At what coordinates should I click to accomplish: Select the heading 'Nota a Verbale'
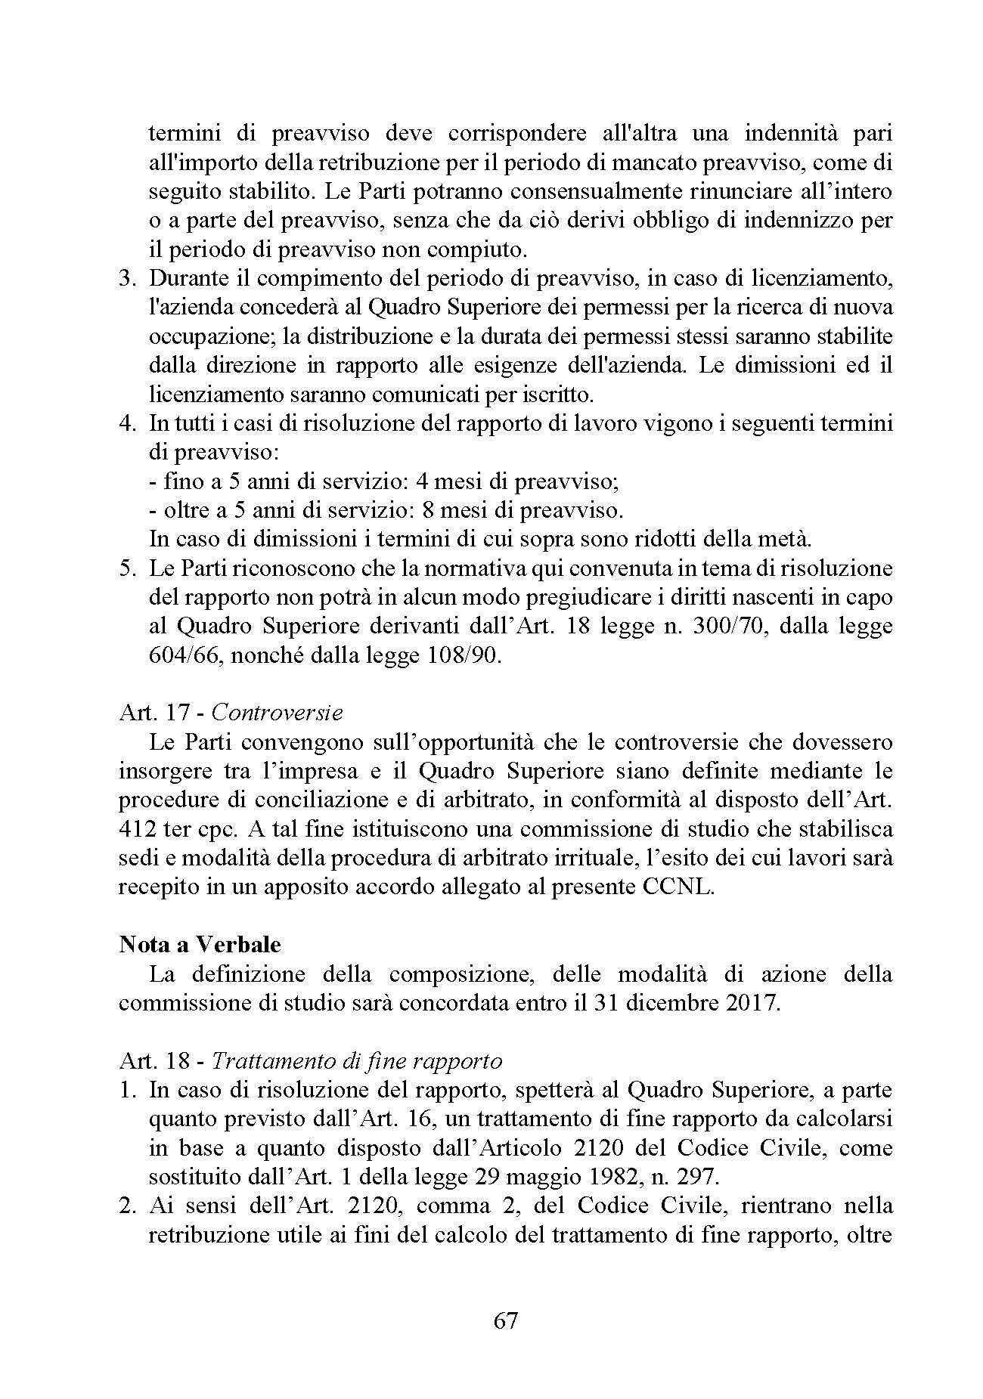[x=200, y=946]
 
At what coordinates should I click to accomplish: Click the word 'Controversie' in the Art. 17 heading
[x=277, y=713]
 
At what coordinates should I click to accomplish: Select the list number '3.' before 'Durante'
[x=128, y=278]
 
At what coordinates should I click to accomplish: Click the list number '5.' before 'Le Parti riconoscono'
[x=128, y=568]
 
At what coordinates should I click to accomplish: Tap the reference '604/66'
[x=181, y=655]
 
